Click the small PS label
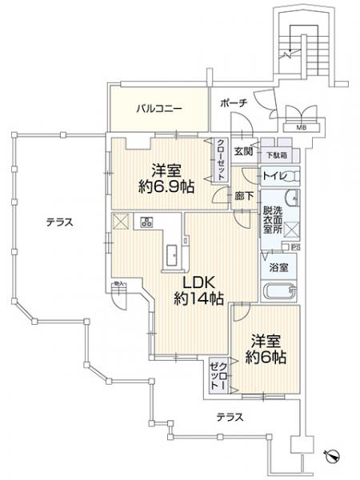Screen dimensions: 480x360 tap(295, 247)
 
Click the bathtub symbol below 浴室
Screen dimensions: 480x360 tap(281, 291)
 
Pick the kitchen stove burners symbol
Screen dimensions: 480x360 tap(146, 222)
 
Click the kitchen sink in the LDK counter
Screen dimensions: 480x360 tap(171, 255)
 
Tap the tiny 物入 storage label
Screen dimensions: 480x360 tap(118, 282)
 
